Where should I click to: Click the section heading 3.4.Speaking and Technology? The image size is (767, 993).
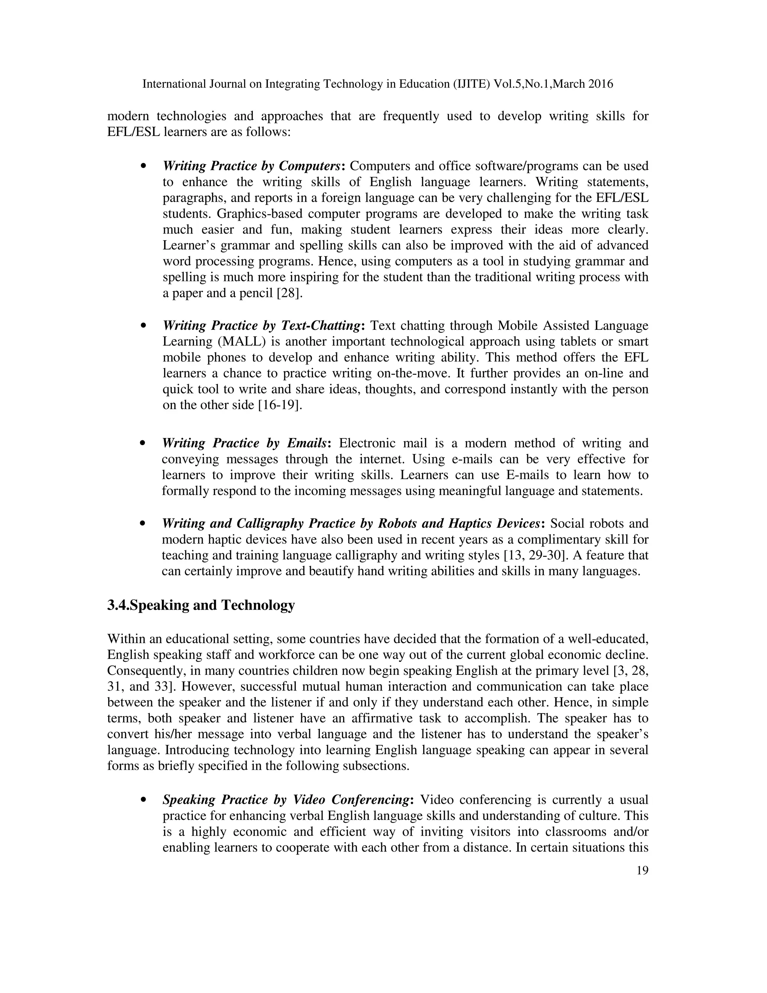201,605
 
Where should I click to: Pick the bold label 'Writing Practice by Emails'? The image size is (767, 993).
245,443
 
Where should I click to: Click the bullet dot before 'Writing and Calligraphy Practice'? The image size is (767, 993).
143,524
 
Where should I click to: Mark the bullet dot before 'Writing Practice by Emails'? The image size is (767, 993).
143,443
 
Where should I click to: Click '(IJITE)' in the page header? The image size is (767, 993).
472,84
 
